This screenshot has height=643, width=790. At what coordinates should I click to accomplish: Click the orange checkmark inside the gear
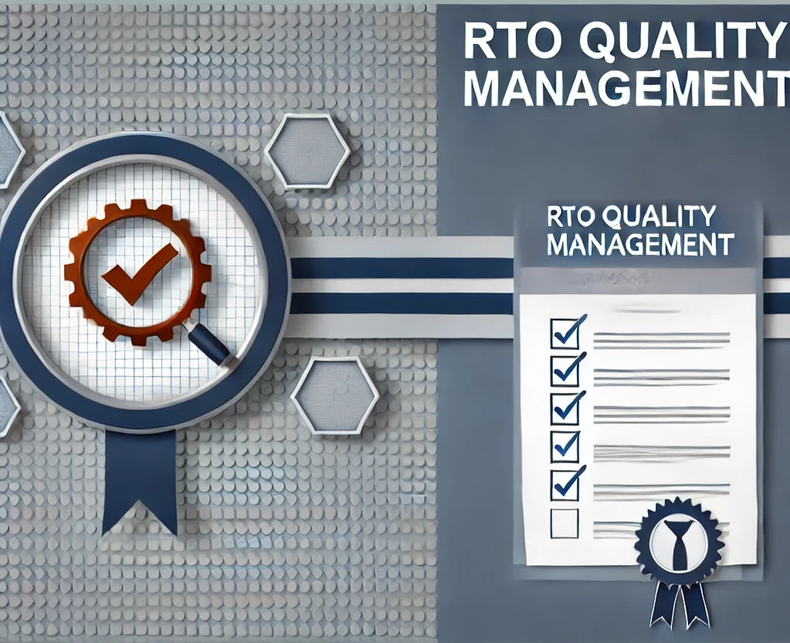pyautogui.click(x=139, y=272)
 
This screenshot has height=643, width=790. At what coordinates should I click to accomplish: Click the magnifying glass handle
pyautogui.click(x=209, y=343)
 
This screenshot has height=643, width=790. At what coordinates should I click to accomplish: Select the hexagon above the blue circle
pyautogui.click(x=307, y=151)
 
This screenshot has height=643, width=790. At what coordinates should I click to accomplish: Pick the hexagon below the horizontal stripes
pyautogui.click(x=334, y=396)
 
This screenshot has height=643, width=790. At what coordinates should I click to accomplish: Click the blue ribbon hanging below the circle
pyautogui.click(x=139, y=479)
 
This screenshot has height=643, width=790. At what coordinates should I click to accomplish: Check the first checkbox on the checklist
pyautogui.click(x=564, y=332)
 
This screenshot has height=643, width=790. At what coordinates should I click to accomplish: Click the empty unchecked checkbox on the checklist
pyautogui.click(x=564, y=523)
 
